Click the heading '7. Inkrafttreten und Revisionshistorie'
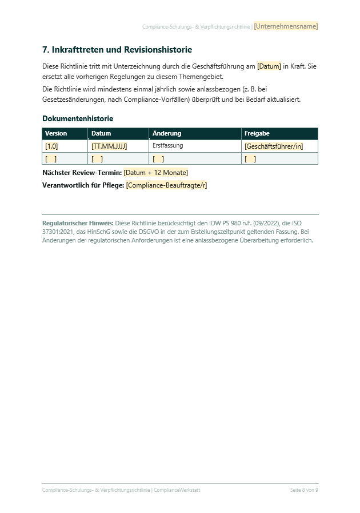coord(117,50)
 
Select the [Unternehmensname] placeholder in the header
coord(286,26)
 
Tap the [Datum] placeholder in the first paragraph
coord(269,66)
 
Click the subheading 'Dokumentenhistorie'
coord(78,119)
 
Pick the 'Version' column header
coord(56,133)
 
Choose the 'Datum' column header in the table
coord(101,133)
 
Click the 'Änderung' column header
coord(167,133)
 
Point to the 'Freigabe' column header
coord(257,133)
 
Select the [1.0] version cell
coord(51,146)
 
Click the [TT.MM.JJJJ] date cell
coord(109,146)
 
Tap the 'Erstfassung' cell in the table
coord(167,146)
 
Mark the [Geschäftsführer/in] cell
coord(274,146)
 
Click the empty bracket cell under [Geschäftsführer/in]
coord(250,159)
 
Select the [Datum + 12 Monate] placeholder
coord(155,173)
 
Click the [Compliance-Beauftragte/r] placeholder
coord(166,185)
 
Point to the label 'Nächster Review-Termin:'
coord(82,173)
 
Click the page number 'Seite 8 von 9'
coord(304,490)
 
